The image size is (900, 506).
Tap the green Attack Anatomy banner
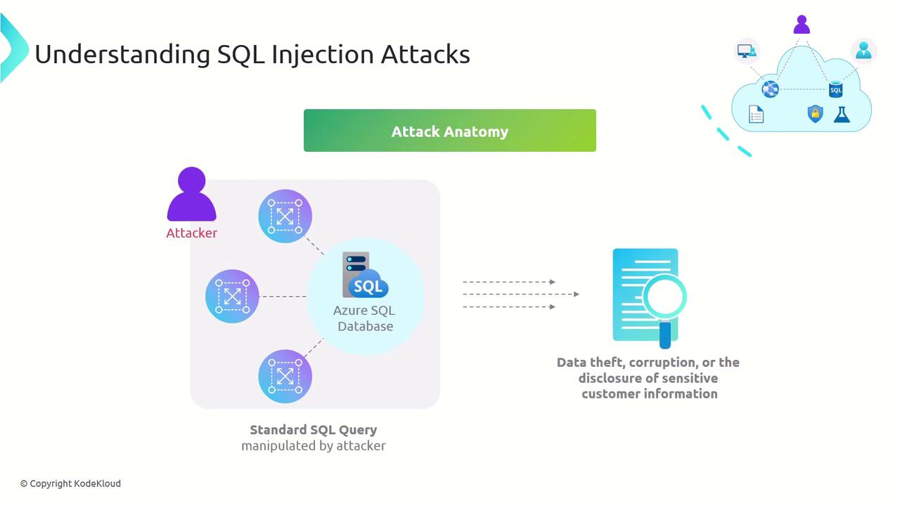pyautogui.click(x=449, y=131)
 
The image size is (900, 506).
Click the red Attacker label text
pyautogui.click(x=191, y=233)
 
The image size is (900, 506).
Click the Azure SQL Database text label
pyautogui.click(x=364, y=318)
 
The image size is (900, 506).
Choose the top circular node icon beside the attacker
pyautogui.click(x=285, y=216)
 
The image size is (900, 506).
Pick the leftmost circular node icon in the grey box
pyautogui.click(x=232, y=296)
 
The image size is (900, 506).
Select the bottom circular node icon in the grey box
pyautogui.click(x=285, y=377)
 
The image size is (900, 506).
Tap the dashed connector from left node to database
pyautogui.click(x=283, y=297)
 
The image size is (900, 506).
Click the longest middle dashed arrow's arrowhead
pyautogui.click(x=577, y=294)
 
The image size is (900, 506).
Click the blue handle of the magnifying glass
pyautogui.click(x=665, y=335)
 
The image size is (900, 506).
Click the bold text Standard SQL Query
pyautogui.click(x=313, y=430)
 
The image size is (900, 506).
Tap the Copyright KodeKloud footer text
pyautogui.click(x=70, y=484)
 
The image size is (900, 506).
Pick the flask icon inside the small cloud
pyautogui.click(x=842, y=114)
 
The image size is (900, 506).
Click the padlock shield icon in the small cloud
pyautogui.click(x=815, y=114)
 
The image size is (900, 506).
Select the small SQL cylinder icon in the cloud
pyautogui.click(x=835, y=89)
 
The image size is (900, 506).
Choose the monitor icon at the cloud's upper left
pyautogui.click(x=746, y=51)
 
